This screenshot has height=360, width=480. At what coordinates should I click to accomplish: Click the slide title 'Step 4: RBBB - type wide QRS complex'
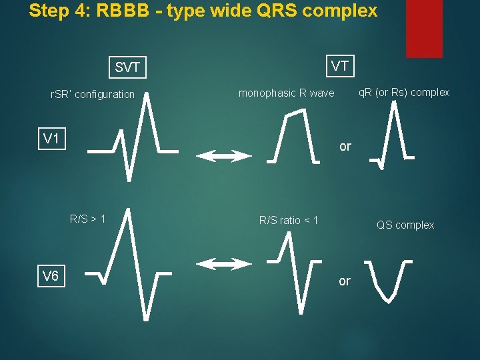pos(203,11)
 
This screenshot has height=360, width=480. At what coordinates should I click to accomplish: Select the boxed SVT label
pos(127,67)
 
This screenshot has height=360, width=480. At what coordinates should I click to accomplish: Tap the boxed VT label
pos(340,65)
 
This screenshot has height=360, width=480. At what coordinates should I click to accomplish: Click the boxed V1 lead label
pos(51,139)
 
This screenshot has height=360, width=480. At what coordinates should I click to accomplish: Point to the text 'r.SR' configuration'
pos(93,95)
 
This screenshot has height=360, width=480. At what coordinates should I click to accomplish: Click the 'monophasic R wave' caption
pos(286,93)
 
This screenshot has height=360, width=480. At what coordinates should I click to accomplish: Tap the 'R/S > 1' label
pos(88,218)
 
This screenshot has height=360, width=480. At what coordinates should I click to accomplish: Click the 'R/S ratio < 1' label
pos(289,220)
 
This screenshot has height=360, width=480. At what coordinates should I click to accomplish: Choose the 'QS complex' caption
pos(405,225)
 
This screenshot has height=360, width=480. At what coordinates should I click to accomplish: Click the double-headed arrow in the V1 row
pos(224,156)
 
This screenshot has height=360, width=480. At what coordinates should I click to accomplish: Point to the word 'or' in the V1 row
pos(345,147)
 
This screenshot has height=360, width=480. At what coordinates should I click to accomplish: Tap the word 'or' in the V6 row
pos(344,281)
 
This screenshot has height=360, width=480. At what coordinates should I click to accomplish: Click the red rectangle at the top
pos(424,29)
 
